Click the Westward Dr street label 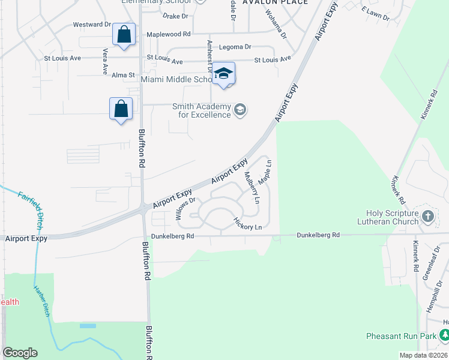tap(92, 25)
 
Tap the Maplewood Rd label tap(168, 34)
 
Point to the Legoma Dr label tap(235, 47)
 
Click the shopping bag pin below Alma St tap(121, 109)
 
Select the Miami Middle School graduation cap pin tap(223, 74)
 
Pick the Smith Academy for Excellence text tap(202, 110)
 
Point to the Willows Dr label tap(186, 208)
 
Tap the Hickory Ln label tap(248, 223)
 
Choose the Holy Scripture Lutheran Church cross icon tap(427, 215)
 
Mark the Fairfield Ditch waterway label tap(30, 204)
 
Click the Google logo tap(20, 353)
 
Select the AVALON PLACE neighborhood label tap(275, 2)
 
